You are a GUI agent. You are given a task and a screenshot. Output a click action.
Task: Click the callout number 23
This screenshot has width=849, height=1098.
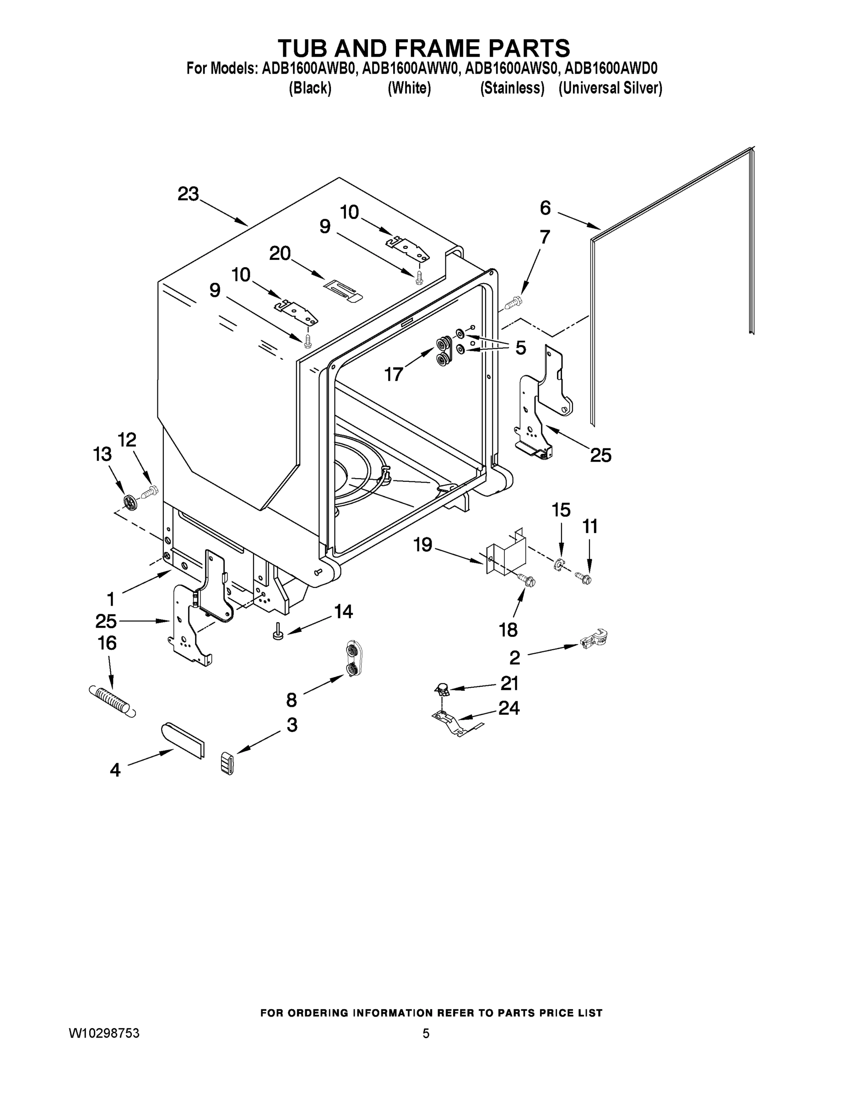coord(188,194)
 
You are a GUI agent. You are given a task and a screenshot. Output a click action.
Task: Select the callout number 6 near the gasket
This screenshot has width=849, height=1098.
coord(545,208)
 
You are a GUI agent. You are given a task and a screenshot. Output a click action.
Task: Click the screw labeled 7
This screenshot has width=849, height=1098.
coord(513,303)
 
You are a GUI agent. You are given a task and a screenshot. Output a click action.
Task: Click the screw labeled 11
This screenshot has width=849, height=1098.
coord(584,578)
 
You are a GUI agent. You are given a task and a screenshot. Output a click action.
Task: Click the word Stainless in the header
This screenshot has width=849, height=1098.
coord(512,88)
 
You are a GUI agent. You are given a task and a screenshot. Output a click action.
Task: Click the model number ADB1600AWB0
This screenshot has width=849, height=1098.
coord(309,68)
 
